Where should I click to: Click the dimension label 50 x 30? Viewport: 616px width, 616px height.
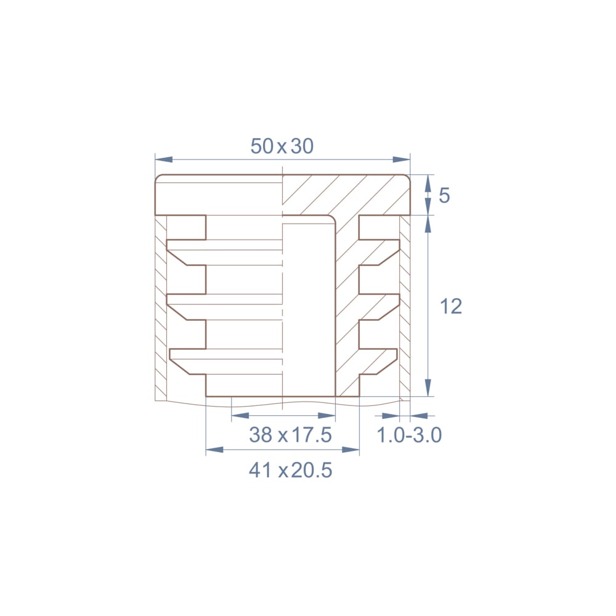[282, 146]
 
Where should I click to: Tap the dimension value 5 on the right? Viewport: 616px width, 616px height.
[444, 195]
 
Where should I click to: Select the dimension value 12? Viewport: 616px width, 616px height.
[451, 306]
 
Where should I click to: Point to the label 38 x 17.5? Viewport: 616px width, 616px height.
[290, 435]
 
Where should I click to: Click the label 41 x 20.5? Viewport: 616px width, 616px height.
[290, 470]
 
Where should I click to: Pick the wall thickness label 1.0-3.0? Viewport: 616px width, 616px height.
[409, 435]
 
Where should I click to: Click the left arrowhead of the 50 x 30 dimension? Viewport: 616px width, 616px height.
[164, 160]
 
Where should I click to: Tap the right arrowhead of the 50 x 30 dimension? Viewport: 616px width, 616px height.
[401, 160]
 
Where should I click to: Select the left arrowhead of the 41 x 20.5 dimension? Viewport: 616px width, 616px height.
[214, 450]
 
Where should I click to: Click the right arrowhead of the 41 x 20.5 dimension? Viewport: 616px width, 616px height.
[351, 450]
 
